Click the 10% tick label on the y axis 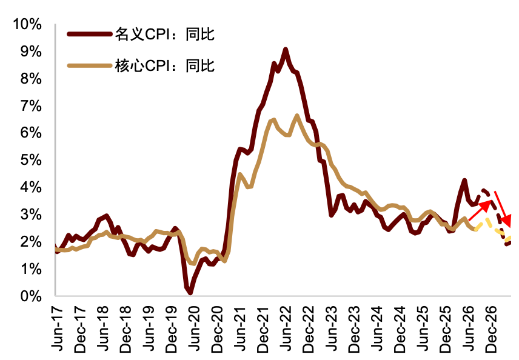[x=27, y=24]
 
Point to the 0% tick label [x=31, y=296]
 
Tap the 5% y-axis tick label [x=31, y=160]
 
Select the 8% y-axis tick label [x=31, y=79]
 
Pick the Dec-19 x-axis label [x=172, y=329]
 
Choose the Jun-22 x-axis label [x=286, y=328]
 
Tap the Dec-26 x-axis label [x=492, y=329]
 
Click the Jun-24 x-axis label [x=377, y=328]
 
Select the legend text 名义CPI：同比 [x=165, y=34]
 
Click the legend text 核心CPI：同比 [x=165, y=65]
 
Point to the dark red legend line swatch [x=89, y=34]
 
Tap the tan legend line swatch [x=89, y=65]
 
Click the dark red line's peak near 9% [x=286, y=50]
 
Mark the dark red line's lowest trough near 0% [x=190, y=293]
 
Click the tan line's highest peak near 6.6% [x=297, y=116]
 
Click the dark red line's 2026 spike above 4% [x=464, y=181]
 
